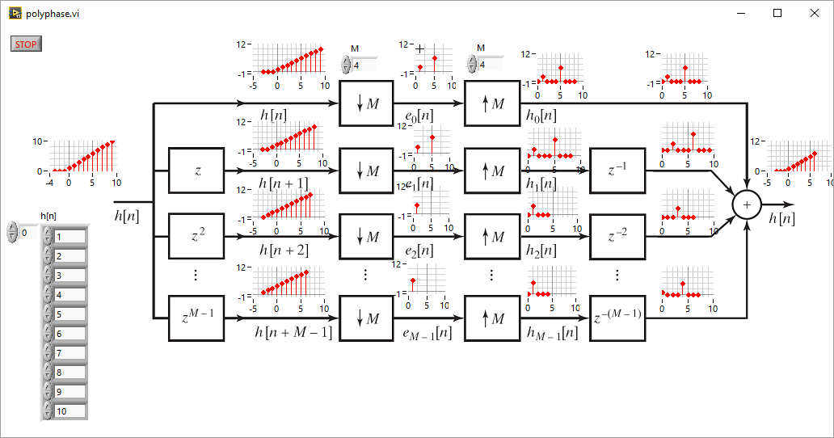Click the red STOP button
click(x=26, y=44)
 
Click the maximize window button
click(x=777, y=13)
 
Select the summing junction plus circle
click(x=747, y=205)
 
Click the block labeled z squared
click(x=196, y=237)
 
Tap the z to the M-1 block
click(x=196, y=318)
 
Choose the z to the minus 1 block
click(x=617, y=171)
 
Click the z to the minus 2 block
click(x=617, y=237)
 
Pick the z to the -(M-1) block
click(x=617, y=318)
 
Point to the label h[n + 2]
click(x=283, y=251)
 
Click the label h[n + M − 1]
click(x=293, y=332)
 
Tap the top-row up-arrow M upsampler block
click(x=491, y=103)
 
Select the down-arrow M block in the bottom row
click(x=366, y=318)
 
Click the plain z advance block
click(x=196, y=171)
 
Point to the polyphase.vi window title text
click(x=53, y=14)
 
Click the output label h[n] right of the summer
click(x=780, y=218)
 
